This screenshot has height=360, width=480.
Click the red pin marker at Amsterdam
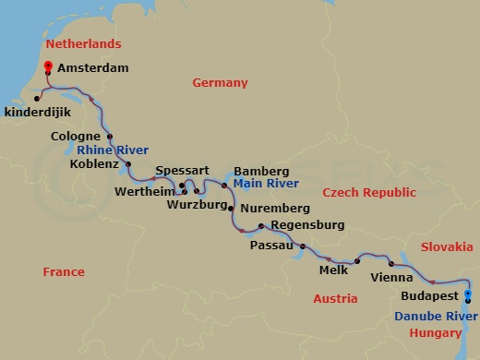(x=48, y=66)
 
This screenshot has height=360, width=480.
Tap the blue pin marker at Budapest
(x=468, y=296)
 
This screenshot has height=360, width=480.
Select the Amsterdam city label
(x=92, y=68)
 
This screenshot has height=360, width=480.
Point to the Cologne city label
(x=78, y=138)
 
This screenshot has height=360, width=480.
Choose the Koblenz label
(x=94, y=164)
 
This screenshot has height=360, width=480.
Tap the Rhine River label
(x=114, y=150)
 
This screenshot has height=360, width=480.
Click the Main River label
(x=261, y=184)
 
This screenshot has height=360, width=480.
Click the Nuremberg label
(x=274, y=209)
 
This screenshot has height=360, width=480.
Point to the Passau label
(x=272, y=246)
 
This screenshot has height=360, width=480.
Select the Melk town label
(x=333, y=270)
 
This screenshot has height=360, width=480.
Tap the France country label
(x=64, y=272)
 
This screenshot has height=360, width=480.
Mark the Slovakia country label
(x=447, y=246)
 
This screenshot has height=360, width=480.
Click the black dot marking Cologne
(x=110, y=138)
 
